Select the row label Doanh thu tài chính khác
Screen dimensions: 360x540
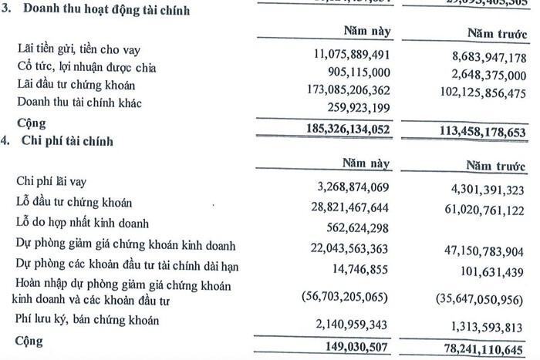pos(80,103)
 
